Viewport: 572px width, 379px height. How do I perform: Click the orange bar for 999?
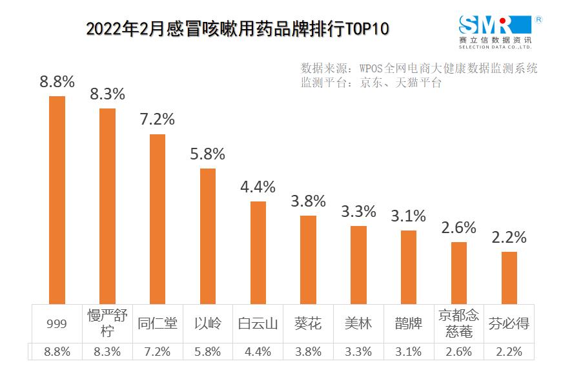pos(57,200)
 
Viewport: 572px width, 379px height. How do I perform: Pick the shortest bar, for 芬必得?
pos(509,277)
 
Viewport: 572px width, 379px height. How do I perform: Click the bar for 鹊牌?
pos(409,266)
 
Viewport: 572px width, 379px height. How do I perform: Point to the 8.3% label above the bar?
pos(107,94)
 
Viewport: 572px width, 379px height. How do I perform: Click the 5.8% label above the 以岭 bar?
pos(207,154)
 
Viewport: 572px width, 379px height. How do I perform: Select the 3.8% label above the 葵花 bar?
pos(308,201)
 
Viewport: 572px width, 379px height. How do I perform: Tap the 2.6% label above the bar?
pos(458,227)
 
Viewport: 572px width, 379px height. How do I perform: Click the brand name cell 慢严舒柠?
pos(107,323)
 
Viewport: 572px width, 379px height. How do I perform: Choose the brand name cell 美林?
pos(358,323)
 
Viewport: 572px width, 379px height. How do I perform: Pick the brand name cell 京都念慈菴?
pos(458,323)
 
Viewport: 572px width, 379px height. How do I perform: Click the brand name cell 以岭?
pos(207,323)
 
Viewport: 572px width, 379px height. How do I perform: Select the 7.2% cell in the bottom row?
pos(158,352)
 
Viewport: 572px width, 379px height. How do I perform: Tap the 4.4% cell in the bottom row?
pos(258,352)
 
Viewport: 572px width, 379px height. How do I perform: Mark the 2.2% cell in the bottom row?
pos(509,352)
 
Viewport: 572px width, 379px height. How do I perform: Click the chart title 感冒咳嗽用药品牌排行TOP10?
pos(238,29)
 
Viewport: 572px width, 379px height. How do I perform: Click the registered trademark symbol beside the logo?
pos(539,19)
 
